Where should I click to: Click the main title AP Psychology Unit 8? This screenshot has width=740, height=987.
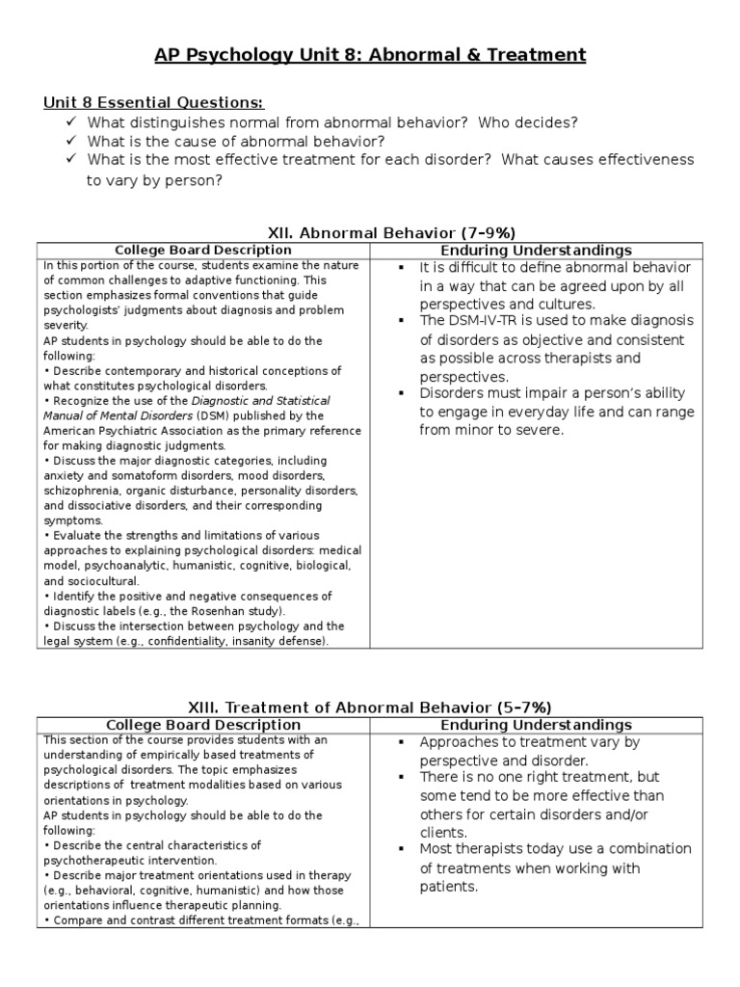370,55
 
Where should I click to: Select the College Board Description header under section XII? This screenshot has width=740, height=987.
202,250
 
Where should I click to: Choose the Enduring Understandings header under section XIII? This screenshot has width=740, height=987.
536,724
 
